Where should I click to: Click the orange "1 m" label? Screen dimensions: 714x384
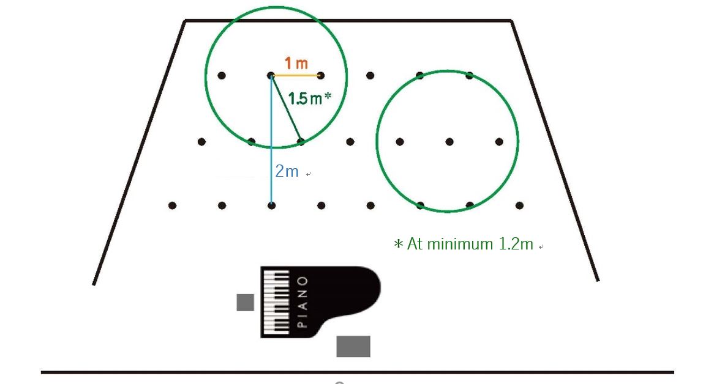(x=296, y=63)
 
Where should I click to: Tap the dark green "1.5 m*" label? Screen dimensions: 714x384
(x=310, y=98)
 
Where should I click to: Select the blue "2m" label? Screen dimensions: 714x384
(x=287, y=171)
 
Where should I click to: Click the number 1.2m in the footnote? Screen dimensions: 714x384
(x=516, y=244)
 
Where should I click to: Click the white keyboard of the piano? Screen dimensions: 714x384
(x=277, y=302)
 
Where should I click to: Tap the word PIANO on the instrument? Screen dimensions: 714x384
(x=302, y=301)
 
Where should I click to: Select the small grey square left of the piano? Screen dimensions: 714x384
(x=246, y=303)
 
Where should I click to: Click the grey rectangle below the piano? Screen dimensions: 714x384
(x=353, y=347)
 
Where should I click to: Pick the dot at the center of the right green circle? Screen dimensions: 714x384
(x=449, y=142)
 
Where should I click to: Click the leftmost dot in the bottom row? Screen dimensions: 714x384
(x=172, y=205)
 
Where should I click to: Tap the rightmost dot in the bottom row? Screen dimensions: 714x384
(x=519, y=205)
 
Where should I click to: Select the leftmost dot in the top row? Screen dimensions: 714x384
(x=221, y=75)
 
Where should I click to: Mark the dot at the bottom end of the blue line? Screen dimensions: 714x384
(x=271, y=205)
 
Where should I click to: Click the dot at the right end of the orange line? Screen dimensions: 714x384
(x=321, y=75)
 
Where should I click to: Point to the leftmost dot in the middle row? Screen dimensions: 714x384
(x=201, y=142)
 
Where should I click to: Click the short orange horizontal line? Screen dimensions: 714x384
(x=296, y=75)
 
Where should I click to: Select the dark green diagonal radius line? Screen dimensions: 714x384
(x=286, y=108)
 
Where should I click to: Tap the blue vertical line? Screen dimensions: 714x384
(x=271, y=140)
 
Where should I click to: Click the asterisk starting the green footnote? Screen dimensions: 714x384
(x=399, y=245)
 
